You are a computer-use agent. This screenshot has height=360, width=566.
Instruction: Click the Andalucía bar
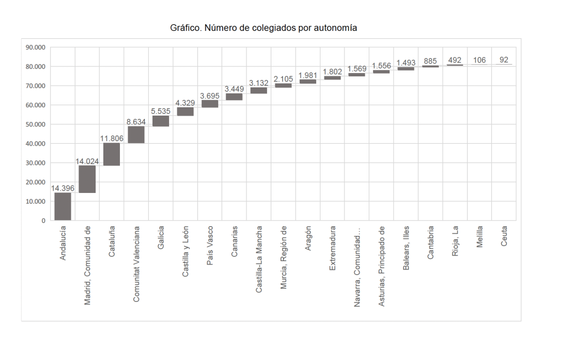[x=62, y=206]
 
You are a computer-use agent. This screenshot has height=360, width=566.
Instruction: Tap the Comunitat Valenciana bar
[x=136, y=135]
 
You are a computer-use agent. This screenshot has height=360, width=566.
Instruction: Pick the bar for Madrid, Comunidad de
[x=87, y=179]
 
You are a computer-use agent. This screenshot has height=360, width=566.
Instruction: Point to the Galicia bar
[x=161, y=121]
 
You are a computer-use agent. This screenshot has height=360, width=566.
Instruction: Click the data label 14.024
[x=87, y=161]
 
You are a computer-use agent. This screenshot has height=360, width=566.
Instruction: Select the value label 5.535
[x=161, y=111]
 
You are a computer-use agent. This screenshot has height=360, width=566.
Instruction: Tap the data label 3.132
[x=259, y=83]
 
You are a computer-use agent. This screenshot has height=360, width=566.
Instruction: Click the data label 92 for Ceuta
[x=504, y=60]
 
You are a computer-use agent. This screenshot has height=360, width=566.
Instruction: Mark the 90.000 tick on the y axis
[x=36, y=48]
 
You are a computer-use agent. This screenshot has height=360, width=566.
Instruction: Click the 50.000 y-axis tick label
[x=36, y=124]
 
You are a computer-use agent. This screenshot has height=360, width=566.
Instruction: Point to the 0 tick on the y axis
[x=43, y=221]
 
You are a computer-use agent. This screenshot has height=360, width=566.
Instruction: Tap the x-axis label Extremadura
[x=332, y=247]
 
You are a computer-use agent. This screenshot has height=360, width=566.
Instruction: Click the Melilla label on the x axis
[x=480, y=236]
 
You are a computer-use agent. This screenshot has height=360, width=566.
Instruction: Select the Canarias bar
[x=234, y=97]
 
